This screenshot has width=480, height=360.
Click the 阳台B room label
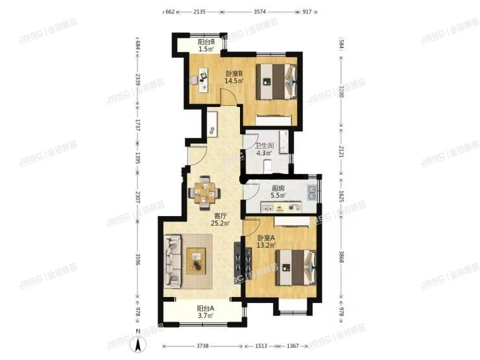[x=206, y=45]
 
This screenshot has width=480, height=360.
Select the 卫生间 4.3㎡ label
[x=263, y=150]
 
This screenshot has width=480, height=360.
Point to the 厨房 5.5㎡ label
[x=278, y=191]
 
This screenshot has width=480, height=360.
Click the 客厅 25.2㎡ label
[x=220, y=220]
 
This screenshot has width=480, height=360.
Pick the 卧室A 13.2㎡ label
[x=267, y=242]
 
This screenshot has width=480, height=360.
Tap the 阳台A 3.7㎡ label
[x=206, y=312]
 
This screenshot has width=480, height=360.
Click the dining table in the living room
[x=206, y=190]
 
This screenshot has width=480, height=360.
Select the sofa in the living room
[x=174, y=261]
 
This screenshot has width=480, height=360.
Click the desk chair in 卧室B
[x=194, y=79]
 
